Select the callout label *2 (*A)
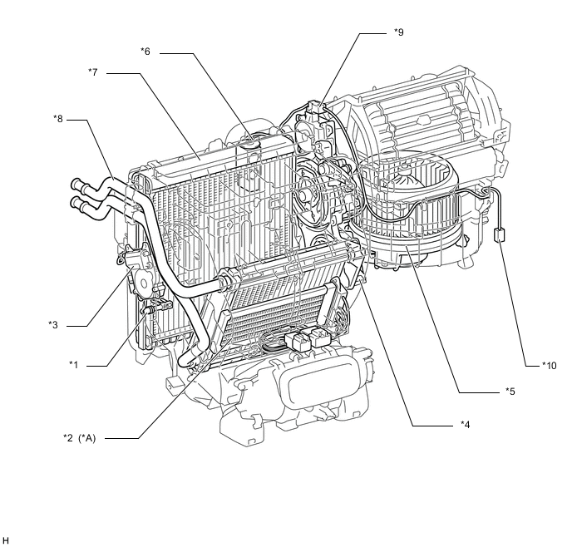(81, 438)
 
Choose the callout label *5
(510, 390)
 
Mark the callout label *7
(93, 72)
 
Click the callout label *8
(57, 118)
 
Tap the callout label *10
(549, 364)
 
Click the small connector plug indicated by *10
(500, 235)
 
